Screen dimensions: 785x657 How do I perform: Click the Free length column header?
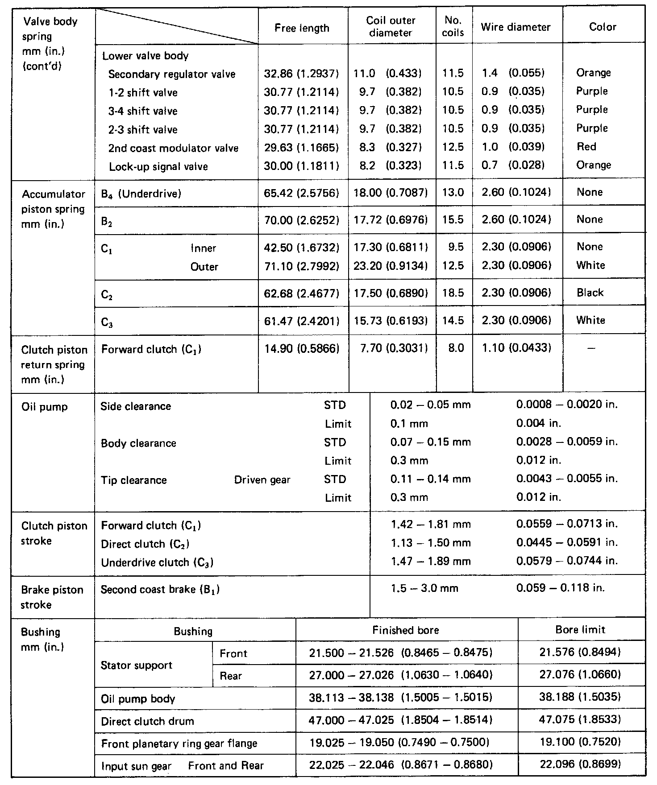point(302,28)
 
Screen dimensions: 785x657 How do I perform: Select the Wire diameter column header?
point(516,27)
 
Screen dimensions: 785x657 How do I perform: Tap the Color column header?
point(603,27)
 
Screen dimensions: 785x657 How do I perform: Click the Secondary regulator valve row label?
point(171,74)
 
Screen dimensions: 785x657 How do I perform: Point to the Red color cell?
point(586,147)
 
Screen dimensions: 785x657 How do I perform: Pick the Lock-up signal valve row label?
point(158,167)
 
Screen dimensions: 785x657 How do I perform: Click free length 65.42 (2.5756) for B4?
point(302,193)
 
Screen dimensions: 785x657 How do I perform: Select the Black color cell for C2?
point(590,293)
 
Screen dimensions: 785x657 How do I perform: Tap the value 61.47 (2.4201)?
point(302,321)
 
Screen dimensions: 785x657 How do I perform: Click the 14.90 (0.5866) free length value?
point(302,349)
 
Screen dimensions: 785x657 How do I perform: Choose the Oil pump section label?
point(44,407)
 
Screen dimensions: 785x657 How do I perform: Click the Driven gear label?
point(262,480)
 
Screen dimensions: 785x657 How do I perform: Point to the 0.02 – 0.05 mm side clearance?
point(430,405)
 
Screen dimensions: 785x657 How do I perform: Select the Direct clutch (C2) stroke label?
point(145,544)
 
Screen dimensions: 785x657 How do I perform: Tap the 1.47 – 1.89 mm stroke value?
point(430,562)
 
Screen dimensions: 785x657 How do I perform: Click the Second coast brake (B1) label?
point(160,590)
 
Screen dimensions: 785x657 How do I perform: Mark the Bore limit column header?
point(580,630)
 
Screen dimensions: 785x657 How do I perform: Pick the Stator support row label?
point(136,665)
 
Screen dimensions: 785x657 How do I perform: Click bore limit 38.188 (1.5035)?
point(580,697)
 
